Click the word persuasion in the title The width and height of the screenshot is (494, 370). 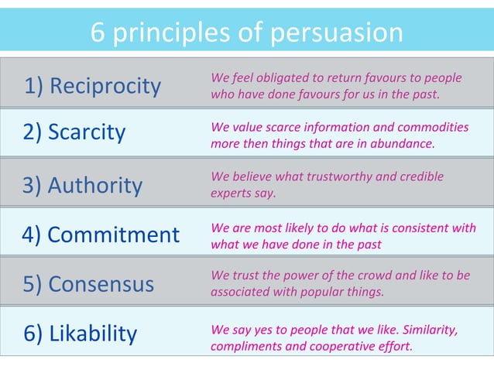click(337, 33)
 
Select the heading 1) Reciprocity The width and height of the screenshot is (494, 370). click(92, 86)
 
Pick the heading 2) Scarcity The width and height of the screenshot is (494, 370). click(74, 132)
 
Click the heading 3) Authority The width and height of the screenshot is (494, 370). click(83, 186)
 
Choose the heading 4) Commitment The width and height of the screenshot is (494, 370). click(101, 235)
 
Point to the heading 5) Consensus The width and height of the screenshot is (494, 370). click(88, 284)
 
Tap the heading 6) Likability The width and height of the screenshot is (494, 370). click(80, 334)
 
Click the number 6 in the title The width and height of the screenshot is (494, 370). click(98, 33)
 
